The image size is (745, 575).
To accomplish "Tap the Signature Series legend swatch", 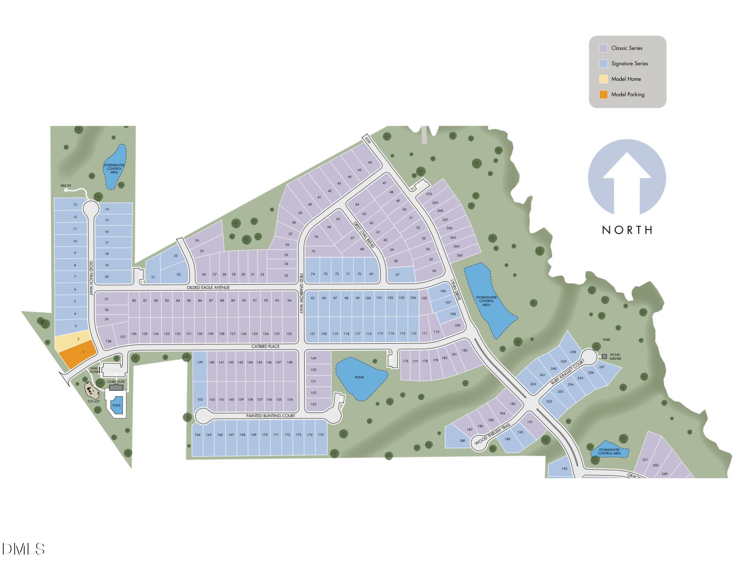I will [603, 64].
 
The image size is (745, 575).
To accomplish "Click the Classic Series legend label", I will [627, 48].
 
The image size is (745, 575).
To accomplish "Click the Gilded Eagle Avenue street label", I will [208, 288].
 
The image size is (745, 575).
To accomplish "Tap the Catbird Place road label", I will [265, 346].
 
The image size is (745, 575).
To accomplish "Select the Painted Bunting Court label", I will [270, 416].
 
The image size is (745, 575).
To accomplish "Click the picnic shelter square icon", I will [604, 357].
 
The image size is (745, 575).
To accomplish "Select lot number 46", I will [370, 163].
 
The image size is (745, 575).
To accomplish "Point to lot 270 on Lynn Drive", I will [429, 194].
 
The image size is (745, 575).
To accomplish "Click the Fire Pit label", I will [66, 186].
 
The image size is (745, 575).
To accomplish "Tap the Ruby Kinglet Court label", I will [568, 372].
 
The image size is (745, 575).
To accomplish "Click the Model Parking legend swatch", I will [603, 95].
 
